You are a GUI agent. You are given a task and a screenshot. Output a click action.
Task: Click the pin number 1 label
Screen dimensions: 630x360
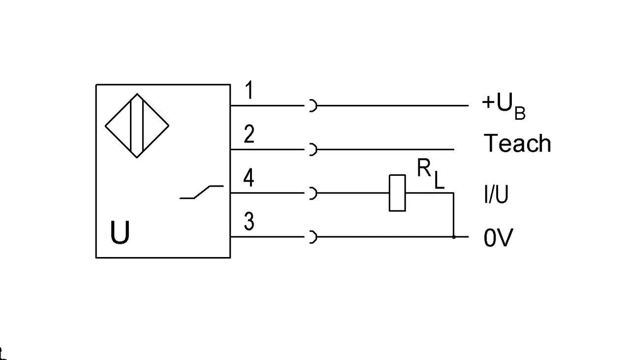249,90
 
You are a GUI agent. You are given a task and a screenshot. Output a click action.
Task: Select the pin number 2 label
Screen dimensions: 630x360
249,134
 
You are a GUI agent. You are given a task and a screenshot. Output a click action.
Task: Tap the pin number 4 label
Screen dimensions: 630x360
249,178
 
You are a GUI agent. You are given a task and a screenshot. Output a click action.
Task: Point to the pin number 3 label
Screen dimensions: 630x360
249,221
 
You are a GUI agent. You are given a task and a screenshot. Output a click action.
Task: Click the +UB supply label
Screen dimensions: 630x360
504,107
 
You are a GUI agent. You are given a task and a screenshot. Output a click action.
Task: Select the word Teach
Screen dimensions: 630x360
517,143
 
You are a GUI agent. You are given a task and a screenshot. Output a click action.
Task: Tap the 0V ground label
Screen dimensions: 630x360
499,237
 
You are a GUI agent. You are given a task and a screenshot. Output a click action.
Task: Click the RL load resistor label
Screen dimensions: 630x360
431,174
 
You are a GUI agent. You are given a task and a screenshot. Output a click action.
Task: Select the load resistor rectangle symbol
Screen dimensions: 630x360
397,193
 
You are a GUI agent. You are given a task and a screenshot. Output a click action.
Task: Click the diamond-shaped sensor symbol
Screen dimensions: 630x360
137,126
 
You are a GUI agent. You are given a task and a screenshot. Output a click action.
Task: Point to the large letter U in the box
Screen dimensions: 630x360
120,232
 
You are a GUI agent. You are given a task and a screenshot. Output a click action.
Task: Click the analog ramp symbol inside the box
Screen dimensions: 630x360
202,192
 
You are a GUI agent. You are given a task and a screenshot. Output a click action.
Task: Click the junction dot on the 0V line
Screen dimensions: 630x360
454,237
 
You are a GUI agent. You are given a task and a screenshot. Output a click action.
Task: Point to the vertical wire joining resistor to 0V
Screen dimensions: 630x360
454,215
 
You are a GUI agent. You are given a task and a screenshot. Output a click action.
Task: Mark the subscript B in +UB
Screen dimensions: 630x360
520,113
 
